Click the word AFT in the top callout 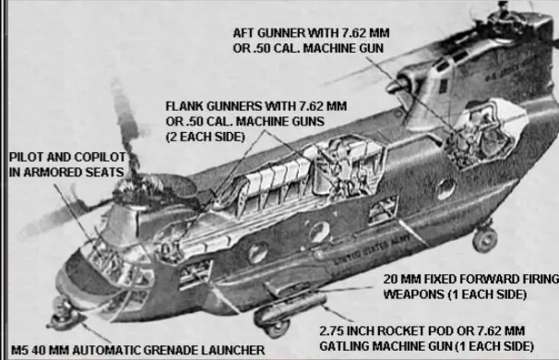point(244,33)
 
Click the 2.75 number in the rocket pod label point(331,331)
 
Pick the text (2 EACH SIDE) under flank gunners point(206,137)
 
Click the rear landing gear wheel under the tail point(485,240)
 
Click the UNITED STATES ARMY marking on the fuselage point(371,250)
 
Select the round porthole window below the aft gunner point(446,189)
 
